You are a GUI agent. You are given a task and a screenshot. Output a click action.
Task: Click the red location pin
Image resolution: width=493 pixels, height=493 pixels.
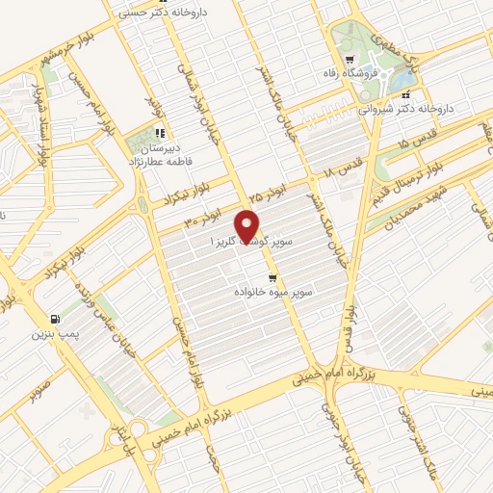[x=248, y=225]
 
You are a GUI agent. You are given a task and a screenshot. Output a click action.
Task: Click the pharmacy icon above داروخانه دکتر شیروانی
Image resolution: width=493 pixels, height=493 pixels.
[x=406, y=95]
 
